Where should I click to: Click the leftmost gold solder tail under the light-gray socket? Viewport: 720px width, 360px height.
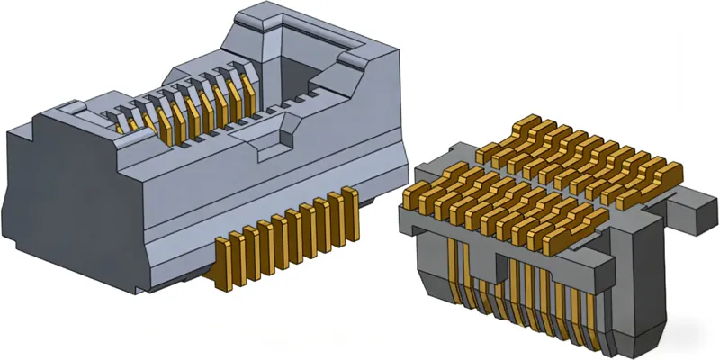coord(222,261)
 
